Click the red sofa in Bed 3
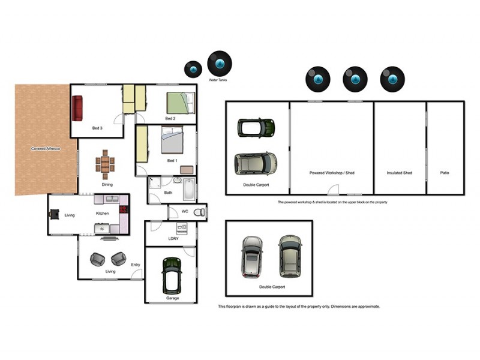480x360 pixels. pyautogui.click(x=77, y=108)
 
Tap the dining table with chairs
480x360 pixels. pyautogui.click(x=106, y=163)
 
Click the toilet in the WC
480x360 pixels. pyautogui.click(x=199, y=211)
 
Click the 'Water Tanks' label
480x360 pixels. pyautogui.click(x=218, y=80)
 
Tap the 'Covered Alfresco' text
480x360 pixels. pyautogui.click(x=46, y=148)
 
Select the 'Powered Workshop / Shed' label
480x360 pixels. pyautogui.click(x=332, y=173)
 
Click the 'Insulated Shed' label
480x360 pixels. pyautogui.click(x=400, y=173)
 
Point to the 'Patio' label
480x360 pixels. pyautogui.click(x=445, y=173)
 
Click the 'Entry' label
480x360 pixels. pyautogui.click(x=136, y=265)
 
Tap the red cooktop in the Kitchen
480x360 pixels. pyautogui.click(x=124, y=209)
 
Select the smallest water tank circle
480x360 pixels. pyautogui.click(x=193, y=70)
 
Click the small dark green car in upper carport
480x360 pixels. pyautogui.click(x=256, y=127)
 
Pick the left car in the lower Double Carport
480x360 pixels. pyautogui.click(x=252, y=256)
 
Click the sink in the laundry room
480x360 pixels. pyautogui.click(x=182, y=227)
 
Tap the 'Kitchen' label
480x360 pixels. pyautogui.click(x=103, y=214)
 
